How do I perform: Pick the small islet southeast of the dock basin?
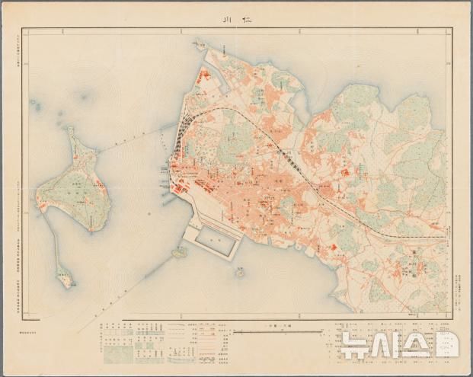[x=239, y=272]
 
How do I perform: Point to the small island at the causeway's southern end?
[x=65, y=279]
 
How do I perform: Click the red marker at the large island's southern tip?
[x=91, y=228]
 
